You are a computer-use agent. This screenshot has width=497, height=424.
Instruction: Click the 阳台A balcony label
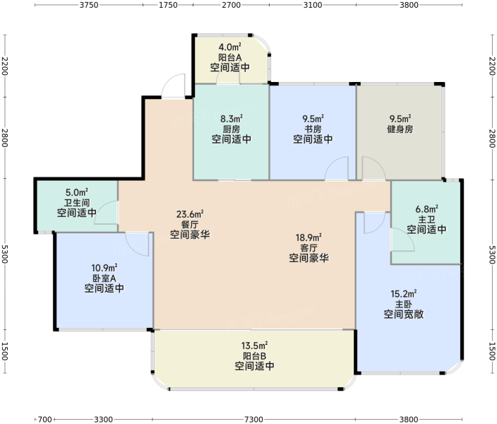coord(230,57)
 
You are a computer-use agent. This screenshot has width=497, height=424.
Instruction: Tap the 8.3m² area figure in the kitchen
coord(232,119)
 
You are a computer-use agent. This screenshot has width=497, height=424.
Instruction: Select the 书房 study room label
coord(313,129)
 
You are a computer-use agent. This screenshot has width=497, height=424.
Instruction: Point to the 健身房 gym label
coord(400,129)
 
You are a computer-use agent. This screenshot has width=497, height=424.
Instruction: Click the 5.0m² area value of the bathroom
coord(77,192)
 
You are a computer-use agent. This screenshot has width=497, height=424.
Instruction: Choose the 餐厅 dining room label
coord(189,225)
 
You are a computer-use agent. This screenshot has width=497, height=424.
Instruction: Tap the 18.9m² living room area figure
coord(309,237)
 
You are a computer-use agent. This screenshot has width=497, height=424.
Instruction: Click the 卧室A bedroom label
coord(104,278)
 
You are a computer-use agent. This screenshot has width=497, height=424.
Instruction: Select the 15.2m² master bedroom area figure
coord(404,294)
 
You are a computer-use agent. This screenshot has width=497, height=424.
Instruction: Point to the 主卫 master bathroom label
coord(426,219)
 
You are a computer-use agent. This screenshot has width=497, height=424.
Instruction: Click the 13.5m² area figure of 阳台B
coord(255,346)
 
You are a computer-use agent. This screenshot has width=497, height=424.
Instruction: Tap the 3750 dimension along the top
coord(89,5)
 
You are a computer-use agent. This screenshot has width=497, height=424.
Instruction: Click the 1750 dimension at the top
coord(168,5)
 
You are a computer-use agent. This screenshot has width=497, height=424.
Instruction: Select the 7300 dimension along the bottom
coord(253,420)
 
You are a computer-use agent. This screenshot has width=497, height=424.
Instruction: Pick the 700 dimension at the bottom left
coord(44,420)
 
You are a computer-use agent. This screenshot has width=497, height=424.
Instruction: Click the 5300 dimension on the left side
coord(5,254)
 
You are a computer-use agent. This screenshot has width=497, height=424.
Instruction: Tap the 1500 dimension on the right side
coord(492,351)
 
